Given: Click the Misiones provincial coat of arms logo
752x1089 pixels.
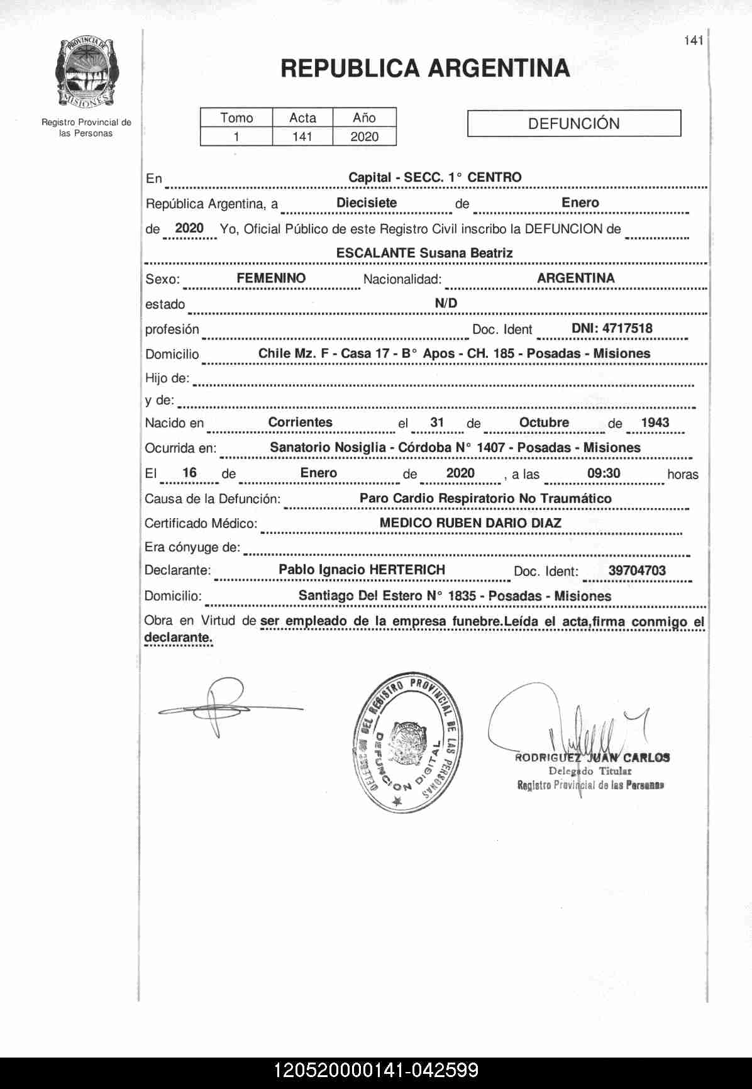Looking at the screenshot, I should [86, 72].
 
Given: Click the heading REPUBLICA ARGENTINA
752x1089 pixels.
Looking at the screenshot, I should [425, 69].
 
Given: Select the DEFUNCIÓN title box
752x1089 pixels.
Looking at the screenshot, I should [573, 123].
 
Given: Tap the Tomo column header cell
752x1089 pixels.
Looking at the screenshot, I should [236, 118].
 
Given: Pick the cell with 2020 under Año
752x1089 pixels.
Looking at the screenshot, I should [364, 136].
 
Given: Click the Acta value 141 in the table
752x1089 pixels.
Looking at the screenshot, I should [302, 136].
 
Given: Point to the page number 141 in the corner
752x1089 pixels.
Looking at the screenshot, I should [693, 41].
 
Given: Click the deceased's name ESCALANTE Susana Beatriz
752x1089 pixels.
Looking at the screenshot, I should [424, 253].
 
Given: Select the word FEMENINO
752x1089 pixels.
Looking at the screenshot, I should [271, 278].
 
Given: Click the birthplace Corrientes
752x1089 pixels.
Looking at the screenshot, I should [300, 423].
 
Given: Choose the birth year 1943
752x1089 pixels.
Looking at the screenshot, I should [655, 423].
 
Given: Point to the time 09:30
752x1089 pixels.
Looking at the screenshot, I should [604, 473].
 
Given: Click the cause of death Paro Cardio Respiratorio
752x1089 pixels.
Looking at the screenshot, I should [485, 499].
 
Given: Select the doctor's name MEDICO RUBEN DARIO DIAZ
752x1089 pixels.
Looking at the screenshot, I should [470, 523].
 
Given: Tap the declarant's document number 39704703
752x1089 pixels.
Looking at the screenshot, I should [637, 571].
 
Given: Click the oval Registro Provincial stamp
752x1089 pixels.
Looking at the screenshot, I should [406, 744].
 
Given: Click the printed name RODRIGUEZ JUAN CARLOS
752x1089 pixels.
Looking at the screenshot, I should [592, 758].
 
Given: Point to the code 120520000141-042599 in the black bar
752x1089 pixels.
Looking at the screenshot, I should [376, 1071].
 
